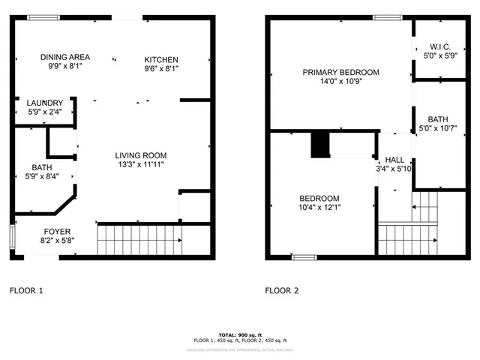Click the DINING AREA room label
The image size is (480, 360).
coord(65,57)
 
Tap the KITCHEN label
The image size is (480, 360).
coord(161,59)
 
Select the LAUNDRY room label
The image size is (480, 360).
coord(44,103)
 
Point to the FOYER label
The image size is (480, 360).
coord(57,231)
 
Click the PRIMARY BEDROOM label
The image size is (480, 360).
coord(340,73)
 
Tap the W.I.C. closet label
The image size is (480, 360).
coord(439,45)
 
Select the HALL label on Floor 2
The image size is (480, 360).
coord(394,160)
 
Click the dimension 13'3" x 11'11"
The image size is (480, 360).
coord(139,164)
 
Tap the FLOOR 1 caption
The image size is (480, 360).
coord(25,289)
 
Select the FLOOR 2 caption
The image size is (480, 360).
coord(282,289)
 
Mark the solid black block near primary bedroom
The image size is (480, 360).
coord(320,145)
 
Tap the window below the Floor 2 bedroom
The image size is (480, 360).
coord(304,257)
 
